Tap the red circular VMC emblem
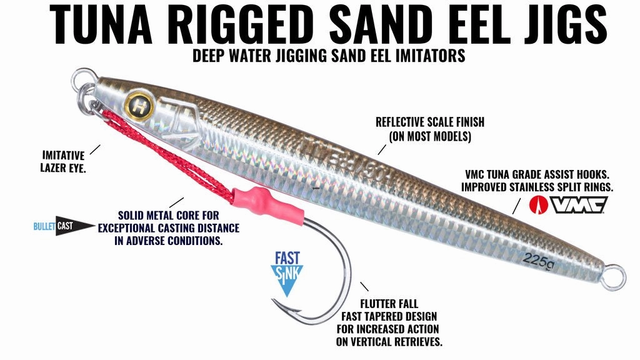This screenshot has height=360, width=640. (x=538, y=204)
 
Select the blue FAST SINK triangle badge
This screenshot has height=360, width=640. (x=287, y=274)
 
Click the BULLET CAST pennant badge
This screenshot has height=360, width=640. (x=64, y=226)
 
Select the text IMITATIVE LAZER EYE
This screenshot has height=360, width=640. (x=63, y=161)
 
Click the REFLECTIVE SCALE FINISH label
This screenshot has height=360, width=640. (x=430, y=122)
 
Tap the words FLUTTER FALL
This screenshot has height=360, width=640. (x=389, y=304)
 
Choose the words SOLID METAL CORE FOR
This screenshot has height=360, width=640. (x=169, y=215)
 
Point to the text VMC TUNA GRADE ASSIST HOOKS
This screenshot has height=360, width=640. (x=537, y=174)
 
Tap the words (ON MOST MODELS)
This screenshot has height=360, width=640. (x=430, y=136)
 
